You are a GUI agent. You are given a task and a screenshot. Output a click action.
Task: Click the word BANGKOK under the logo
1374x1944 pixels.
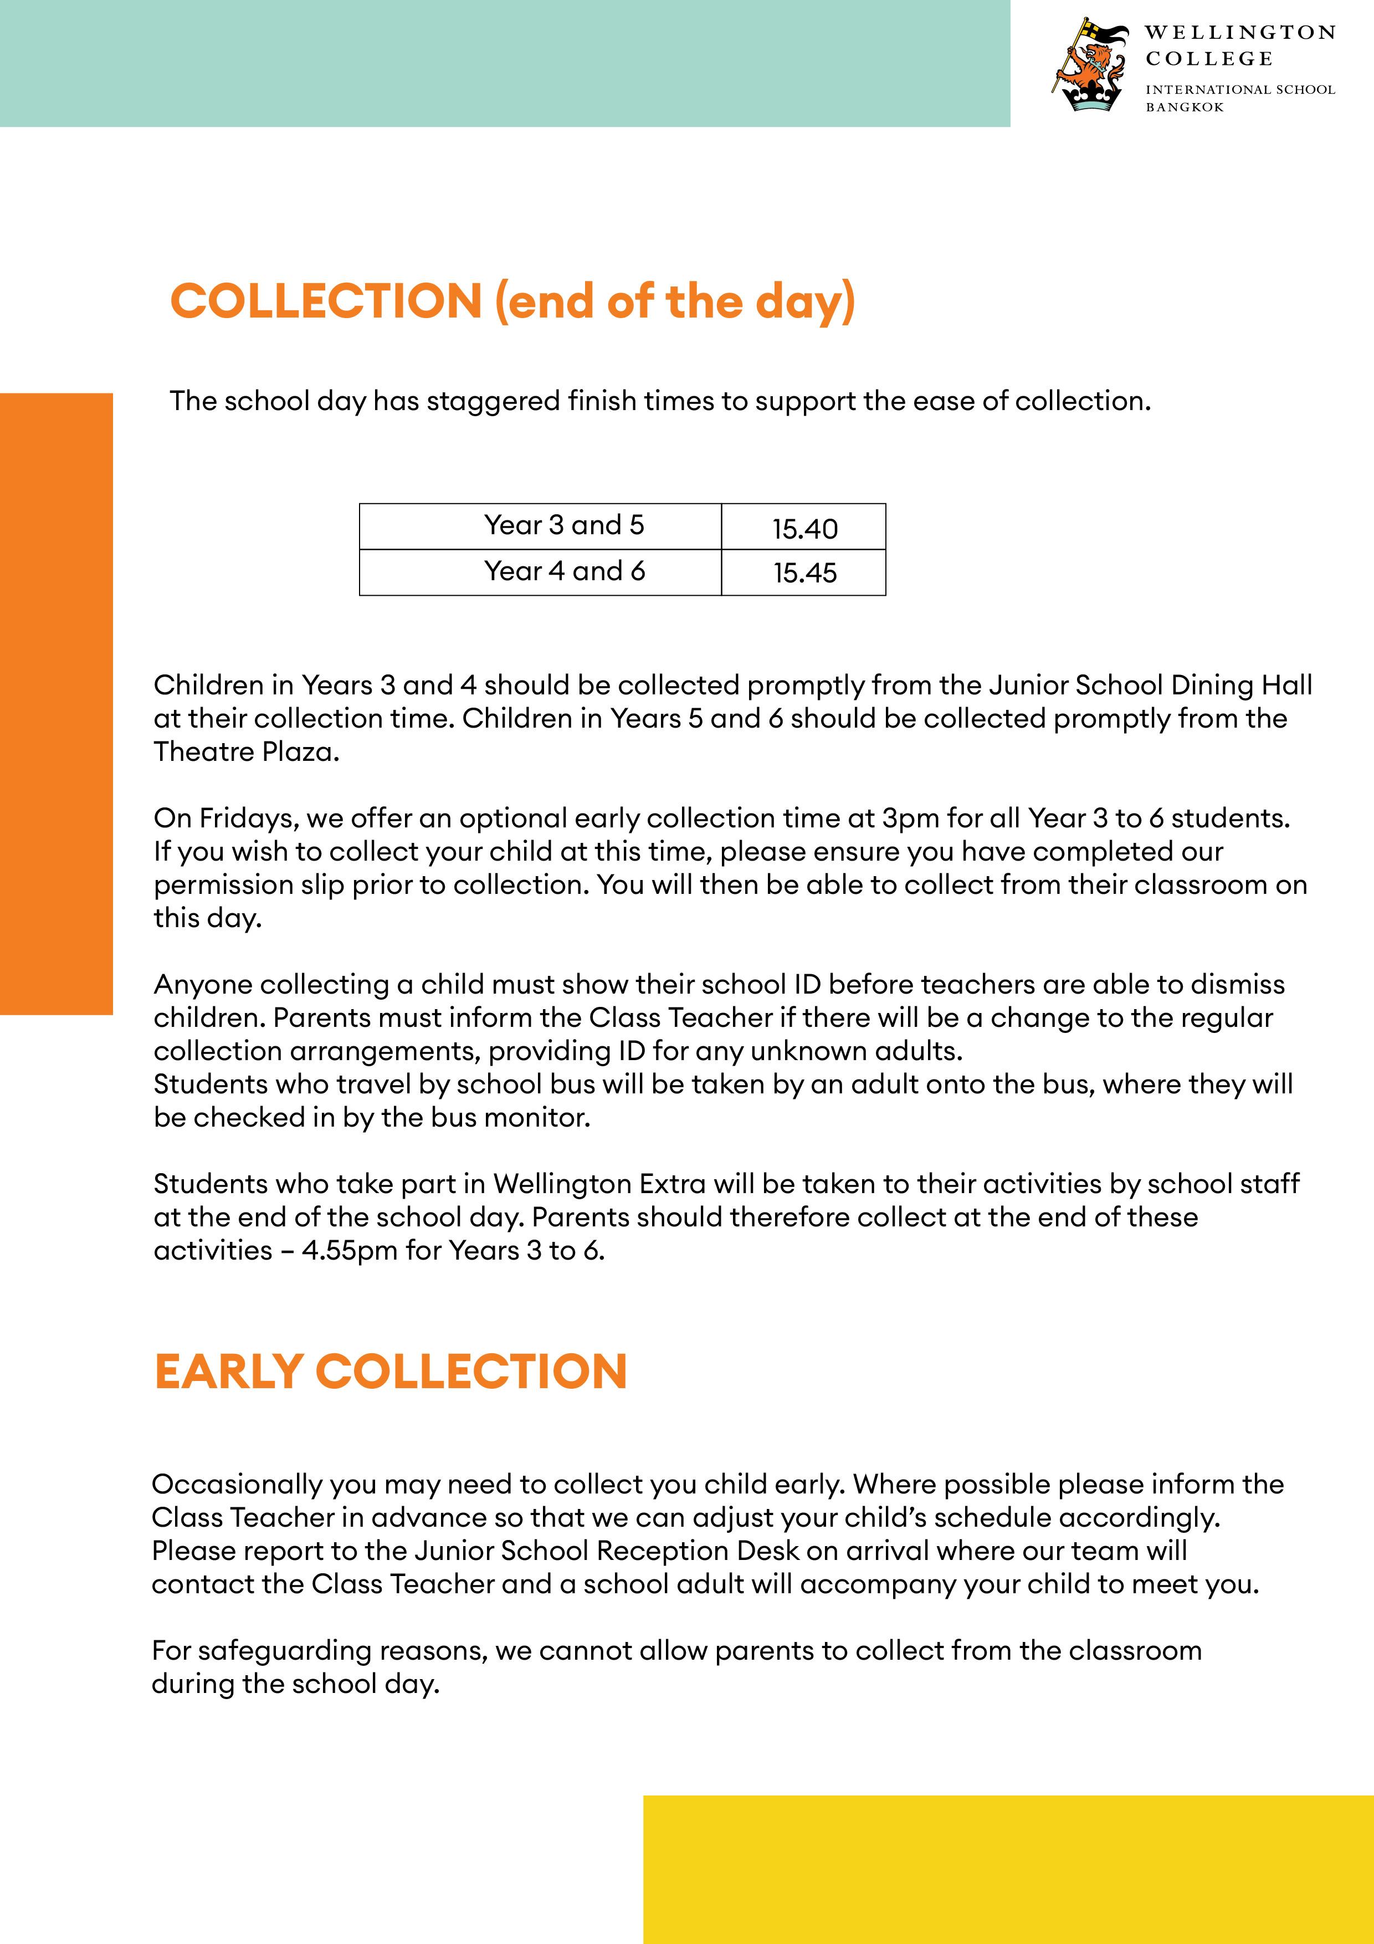pos(1185,108)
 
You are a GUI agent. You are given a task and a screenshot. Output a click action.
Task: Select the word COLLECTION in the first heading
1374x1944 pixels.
pos(326,301)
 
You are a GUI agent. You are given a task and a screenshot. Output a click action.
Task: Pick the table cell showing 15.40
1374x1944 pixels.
pos(804,528)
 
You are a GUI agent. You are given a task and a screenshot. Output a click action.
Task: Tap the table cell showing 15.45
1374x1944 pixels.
pos(804,573)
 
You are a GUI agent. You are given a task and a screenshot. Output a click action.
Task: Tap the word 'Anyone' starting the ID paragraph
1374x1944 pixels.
pos(203,985)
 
